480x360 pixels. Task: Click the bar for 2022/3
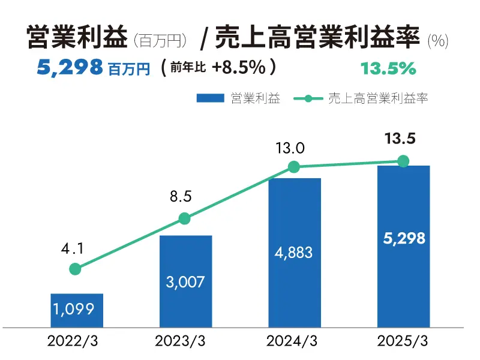pos(77,310)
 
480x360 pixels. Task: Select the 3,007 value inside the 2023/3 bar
pos(185,281)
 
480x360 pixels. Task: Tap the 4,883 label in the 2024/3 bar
pos(294,252)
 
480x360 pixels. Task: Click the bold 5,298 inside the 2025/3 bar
pos(403,238)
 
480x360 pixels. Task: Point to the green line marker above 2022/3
pos(75,269)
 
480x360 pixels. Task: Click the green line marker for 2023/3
pos(185,218)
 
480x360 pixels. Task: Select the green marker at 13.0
pos(294,167)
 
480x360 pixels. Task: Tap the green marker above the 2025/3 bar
pos(403,161)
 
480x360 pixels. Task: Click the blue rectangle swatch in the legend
pos(210,98)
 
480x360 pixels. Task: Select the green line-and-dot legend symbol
pos(308,98)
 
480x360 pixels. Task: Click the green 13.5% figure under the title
pos(388,68)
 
